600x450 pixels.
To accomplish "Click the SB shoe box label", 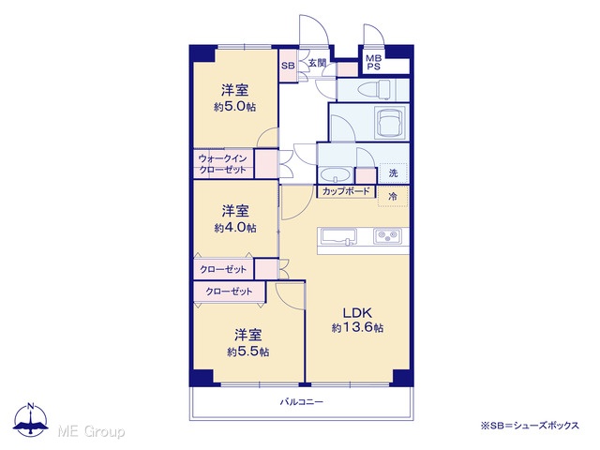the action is point(288,66).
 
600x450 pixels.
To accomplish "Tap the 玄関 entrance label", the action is point(317,63).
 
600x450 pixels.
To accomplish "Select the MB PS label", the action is point(373,63).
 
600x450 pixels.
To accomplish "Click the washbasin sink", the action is point(336,176).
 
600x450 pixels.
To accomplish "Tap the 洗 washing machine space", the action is point(394,172).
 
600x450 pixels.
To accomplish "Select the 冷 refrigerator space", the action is point(393,197).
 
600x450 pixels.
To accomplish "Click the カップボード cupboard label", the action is point(346,191).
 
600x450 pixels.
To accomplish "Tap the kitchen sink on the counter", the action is point(338,236).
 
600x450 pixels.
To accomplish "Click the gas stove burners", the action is point(387,236).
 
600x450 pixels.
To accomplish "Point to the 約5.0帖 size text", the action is point(235,107).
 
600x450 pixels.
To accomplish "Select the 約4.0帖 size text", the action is point(235,228).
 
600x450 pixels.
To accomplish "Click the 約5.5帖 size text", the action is point(247,352).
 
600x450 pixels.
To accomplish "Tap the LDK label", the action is point(357,313).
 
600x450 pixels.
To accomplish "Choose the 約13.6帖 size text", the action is point(357,328).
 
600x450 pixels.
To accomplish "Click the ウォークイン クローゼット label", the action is point(222,164).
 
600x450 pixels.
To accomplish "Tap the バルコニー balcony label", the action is point(302,402).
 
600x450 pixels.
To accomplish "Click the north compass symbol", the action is point(31,419).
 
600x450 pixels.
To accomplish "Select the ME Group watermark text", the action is point(91,431).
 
